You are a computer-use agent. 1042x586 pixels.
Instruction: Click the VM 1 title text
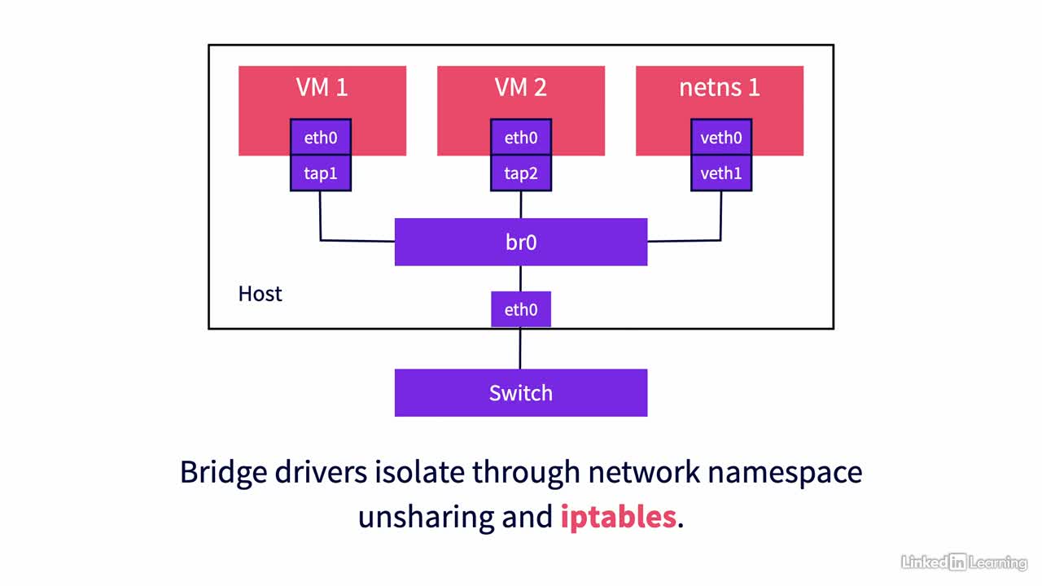pyautogui.click(x=322, y=87)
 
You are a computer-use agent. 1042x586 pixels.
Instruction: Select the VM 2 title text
pyautogui.click(x=520, y=87)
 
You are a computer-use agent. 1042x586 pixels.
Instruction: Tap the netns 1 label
pyautogui.click(x=719, y=87)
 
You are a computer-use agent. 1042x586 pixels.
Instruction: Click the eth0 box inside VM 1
pyautogui.click(x=321, y=138)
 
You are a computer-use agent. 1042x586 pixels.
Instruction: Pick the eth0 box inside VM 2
pyautogui.click(x=521, y=138)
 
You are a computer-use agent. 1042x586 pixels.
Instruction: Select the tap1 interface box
pyautogui.click(x=321, y=173)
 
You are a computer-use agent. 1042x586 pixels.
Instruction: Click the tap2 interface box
pyautogui.click(x=521, y=173)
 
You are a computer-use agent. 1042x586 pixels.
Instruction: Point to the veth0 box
pyautogui.click(x=721, y=138)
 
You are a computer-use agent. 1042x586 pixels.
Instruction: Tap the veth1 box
pyautogui.click(x=721, y=173)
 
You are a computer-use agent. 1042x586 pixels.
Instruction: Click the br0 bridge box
pyautogui.click(x=521, y=242)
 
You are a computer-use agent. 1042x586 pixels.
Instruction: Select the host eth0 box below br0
pyautogui.click(x=521, y=309)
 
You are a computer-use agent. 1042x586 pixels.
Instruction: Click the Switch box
pyautogui.click(x=521, y=393)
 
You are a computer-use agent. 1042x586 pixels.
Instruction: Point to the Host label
pyautogui.click(x=260, y=294)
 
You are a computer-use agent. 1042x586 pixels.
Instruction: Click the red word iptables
pyautogui.click(x=618, y=517)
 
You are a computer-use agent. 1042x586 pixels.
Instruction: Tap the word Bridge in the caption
pyautogui.click(x=223, y=473)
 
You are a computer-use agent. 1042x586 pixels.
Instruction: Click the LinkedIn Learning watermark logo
pyautogui.click(x=964, y=562)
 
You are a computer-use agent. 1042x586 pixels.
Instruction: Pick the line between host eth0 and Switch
pyautogui.click(x=520, y=348)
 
